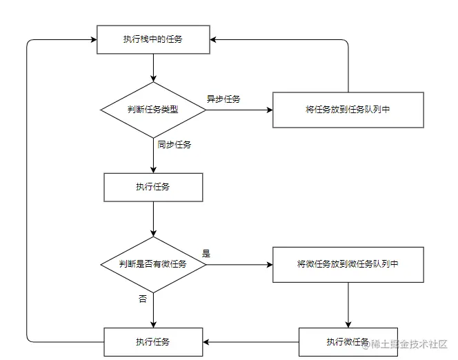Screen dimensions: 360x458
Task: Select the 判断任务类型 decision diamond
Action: pyautogui.click(x=153, y=110)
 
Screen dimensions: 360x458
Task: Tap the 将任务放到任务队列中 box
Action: pyautogui.click(x=348, y=110)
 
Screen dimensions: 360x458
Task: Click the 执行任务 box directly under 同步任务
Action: pyautogui.click(x=153, y=187)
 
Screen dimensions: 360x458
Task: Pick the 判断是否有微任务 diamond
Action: pyautogui.click(x=153, y=264)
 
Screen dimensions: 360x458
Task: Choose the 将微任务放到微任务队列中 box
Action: pyautogui.click(x=348, y=264)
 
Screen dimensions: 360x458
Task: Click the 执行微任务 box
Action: pyautogui.click(x=348, y=342)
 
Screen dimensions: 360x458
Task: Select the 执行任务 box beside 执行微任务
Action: pyautogui.click(x=153, y=342)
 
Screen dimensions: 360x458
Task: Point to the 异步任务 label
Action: pyautogui.click(x=223, y=99)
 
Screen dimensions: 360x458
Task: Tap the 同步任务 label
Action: pyautogui.click(x=175, y=145)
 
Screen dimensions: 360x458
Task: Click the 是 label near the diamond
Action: pyautogui.click(x=206, y=253)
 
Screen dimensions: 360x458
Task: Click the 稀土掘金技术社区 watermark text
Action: pyautogui.click(x=410, y=343)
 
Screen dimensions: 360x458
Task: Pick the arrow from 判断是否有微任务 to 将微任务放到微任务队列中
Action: pyautogui.click(x=239, y=264)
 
